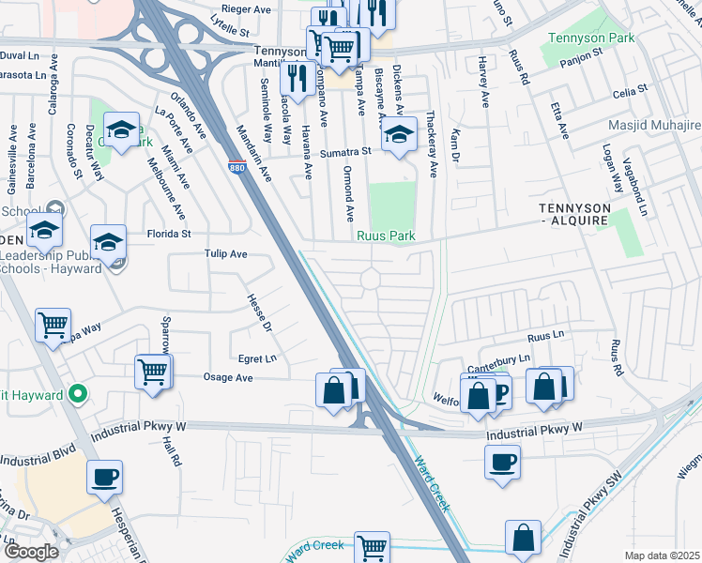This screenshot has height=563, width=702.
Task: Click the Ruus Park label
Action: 386,236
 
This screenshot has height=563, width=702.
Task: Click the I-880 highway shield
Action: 236,166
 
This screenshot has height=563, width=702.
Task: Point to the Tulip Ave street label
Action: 225,254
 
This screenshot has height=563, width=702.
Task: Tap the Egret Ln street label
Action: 257,358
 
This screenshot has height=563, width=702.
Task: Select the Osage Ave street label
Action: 229,377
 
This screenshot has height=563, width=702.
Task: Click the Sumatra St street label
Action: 345,151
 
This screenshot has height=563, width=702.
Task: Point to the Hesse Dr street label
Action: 259,312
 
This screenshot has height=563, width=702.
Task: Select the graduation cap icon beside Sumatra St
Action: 399,136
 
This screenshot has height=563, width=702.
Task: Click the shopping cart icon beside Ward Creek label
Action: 373,546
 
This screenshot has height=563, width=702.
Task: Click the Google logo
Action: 31,552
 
